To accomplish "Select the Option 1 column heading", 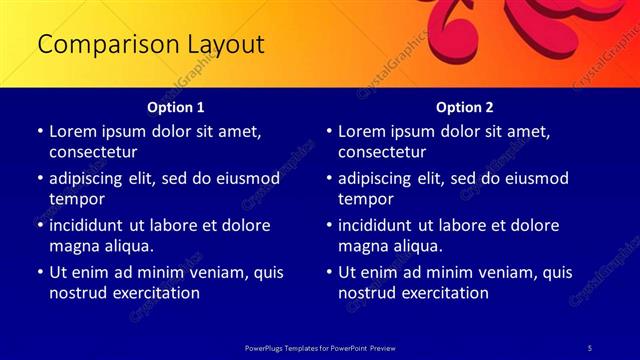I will tap(176, 107).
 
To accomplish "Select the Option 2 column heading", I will tap(465, 107).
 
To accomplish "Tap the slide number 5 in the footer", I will tap(591, 347).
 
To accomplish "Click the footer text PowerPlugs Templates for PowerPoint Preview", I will tap(320, 347).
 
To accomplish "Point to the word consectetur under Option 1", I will tap(93, 152).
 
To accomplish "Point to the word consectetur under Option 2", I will tap(382, 152).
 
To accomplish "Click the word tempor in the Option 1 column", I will tap(76, 199).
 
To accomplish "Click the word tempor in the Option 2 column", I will tap(365, 199).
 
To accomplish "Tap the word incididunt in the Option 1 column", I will tap(91, 225).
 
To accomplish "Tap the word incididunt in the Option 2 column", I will tap(380, 225).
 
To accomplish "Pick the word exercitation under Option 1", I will tap(154, 293).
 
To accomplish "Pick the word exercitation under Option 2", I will tap(443, 293).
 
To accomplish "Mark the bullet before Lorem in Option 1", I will tap(39, 131).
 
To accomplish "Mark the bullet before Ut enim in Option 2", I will tap(328, 272).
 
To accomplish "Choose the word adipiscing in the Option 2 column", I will tap(382, 178).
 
